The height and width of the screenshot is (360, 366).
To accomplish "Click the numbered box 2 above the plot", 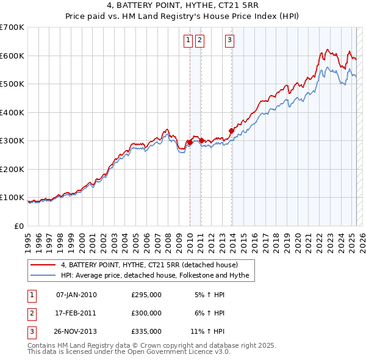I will pos(199,41).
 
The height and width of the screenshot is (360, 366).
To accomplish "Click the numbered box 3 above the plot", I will pos(229,41).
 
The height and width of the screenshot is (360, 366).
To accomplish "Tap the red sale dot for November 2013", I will pos(232,130).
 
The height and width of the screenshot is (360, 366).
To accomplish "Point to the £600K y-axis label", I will pos(13,56).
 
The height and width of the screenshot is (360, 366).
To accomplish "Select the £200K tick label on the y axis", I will pos(13,169).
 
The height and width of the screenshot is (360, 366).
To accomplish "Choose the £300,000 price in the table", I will pos(146,313).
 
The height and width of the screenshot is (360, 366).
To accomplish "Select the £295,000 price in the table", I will pos(146,295).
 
